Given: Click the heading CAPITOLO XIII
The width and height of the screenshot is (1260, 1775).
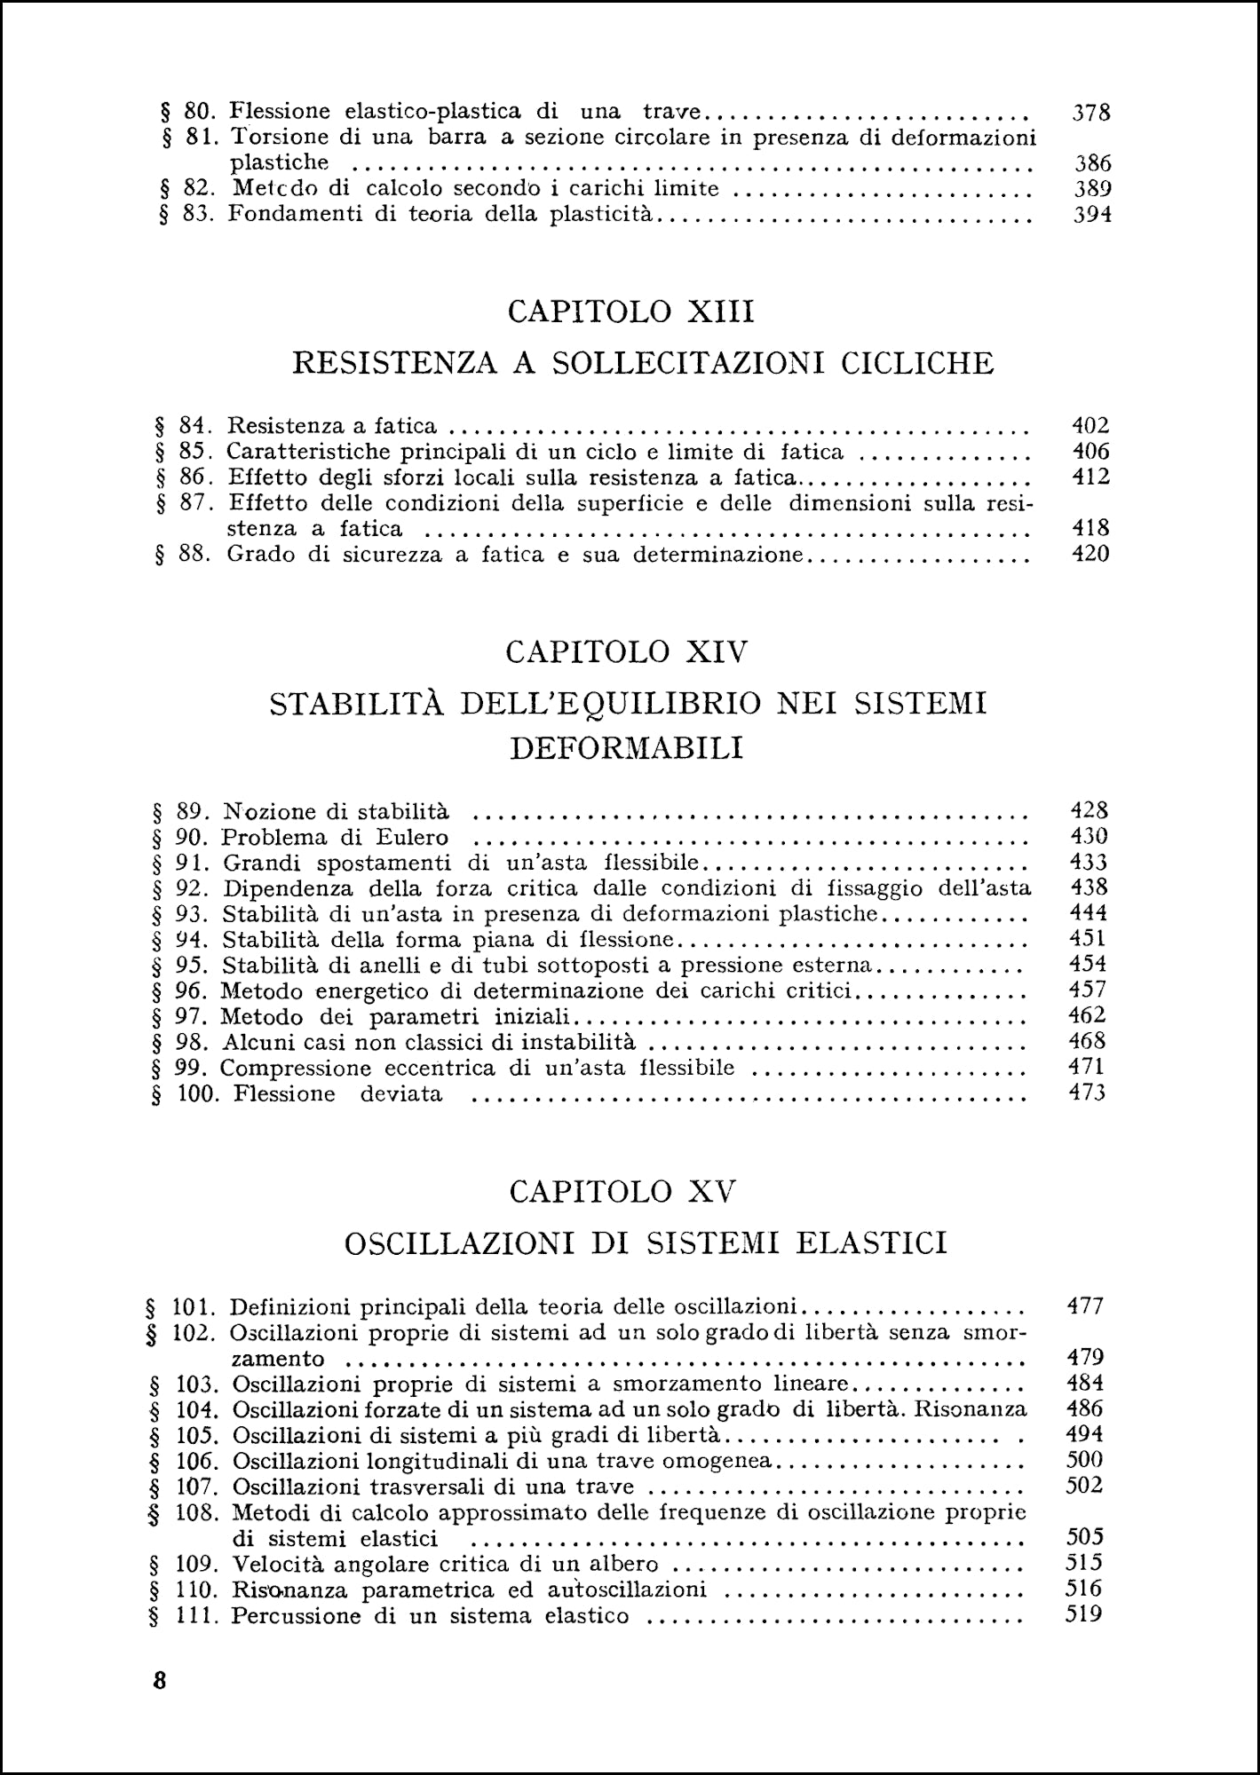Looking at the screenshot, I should (x=630, y=312).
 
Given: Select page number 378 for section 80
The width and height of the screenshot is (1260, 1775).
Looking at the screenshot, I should (x=1091, y=113).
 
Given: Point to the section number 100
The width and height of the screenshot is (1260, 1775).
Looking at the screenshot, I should (x=197, y=1093).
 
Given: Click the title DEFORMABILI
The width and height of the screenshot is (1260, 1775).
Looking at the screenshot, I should (x=627, y=748).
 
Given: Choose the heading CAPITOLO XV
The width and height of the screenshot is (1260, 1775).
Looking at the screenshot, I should (x=623, y=1191).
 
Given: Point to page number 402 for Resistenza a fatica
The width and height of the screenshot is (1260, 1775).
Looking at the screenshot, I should (x=1091, y=426).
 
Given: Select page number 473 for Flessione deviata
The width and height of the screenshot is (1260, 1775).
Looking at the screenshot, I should (x=1086, y=1093).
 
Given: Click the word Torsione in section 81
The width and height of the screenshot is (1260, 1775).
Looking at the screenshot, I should (x=273, y=138).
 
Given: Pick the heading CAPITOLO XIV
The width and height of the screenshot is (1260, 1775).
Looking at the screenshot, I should (x=627, y=652).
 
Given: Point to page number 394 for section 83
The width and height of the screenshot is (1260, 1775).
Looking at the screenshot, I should (x=1091, y=215).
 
